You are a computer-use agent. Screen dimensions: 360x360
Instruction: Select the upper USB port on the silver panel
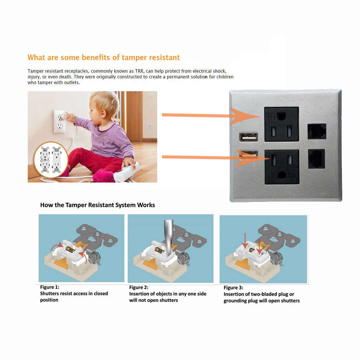coord(249,137)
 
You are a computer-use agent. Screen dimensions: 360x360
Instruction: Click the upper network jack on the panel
coord(317,131)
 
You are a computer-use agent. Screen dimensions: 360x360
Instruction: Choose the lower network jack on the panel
coord(317,159)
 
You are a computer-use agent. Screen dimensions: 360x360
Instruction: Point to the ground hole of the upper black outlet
coord(281,116)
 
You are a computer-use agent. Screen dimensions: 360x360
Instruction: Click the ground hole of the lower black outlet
coord(282,176)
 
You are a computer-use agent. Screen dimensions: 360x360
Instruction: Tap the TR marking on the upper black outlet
coord(271,117)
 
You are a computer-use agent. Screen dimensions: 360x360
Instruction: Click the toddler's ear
coord(103,113)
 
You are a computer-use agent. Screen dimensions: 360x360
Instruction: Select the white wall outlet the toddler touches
coord(59,122)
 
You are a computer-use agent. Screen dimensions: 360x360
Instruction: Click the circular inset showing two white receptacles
coord(51,160)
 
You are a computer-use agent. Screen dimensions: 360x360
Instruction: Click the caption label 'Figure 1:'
coord(50,287)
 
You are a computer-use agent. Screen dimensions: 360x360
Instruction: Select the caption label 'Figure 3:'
coord(233,288)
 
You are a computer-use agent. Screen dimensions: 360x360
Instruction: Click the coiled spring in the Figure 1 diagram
coord(70,249)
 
